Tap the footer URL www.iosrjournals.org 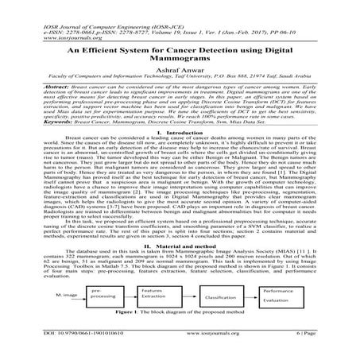pyautogui.click(x=179, y=347)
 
